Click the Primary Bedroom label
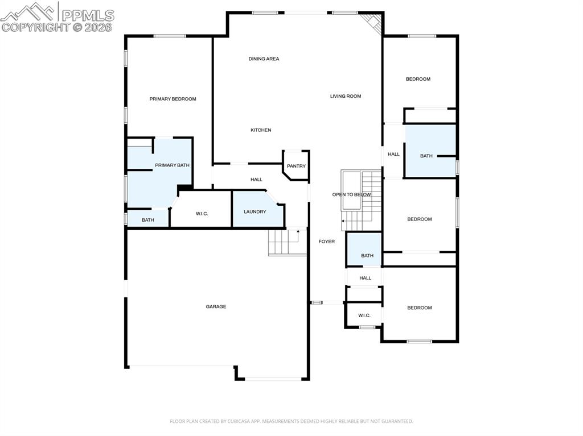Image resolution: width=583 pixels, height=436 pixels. (x=173, y=99)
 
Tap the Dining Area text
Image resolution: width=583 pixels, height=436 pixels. (x=264, y=59)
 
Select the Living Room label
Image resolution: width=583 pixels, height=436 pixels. (x=346, y=96)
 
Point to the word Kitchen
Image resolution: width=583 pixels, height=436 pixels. (x=261, y=130)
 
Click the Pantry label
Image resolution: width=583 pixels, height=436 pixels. (x=296, y=166)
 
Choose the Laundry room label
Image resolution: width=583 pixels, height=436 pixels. (x=254, y=211)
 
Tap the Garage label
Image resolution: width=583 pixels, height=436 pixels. (x=216, y=306)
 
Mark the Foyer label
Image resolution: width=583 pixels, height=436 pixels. (x=326, y=242)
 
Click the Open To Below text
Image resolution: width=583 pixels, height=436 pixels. (x=351, y=194)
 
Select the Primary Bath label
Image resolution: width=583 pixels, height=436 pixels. (x=172, y=165)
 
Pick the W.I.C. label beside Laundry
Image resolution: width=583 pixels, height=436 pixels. (x=202, y=214)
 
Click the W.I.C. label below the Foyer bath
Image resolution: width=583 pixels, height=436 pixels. (x=364, y=315)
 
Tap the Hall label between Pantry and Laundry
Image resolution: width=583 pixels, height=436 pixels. (x=256, y=180)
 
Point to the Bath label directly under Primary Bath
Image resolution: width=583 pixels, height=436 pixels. (x=147, y=220)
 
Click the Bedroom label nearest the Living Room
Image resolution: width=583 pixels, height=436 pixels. (x=418, y=79)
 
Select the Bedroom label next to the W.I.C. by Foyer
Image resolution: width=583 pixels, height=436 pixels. (x=419, y=308)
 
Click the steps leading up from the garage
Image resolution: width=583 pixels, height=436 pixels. (x=288, y=243)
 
